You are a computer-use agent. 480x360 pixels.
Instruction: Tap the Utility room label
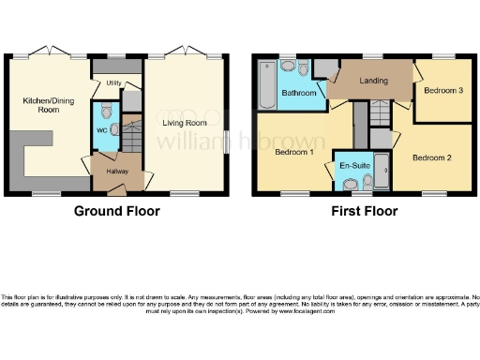point(113,83)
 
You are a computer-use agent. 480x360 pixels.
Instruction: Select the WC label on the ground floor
point(103,130)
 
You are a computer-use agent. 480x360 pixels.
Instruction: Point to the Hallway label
point(116,172)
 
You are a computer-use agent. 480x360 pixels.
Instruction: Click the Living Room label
point(183,123)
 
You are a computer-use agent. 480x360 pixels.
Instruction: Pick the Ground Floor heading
point(116,211)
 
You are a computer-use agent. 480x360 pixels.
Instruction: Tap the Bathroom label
point(297,93)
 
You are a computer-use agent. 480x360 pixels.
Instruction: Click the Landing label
point(374,82)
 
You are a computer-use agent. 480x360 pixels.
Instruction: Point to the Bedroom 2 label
point(433,157)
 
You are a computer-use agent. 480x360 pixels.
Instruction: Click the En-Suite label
point(354,165)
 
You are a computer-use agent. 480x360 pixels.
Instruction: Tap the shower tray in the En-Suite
point(382,166)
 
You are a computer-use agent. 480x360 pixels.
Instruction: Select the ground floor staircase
point(133,136)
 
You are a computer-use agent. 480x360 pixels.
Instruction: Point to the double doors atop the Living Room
point(186,54)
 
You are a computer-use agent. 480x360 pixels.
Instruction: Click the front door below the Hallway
point(117,190)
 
